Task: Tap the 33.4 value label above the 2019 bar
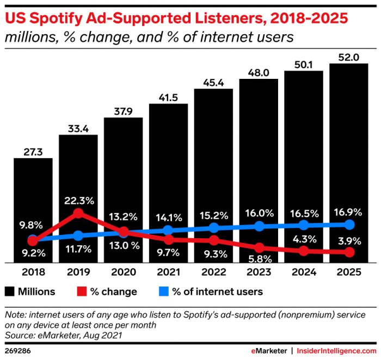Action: coord(78,128)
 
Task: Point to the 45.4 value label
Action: coord(213,82)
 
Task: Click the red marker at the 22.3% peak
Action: coord(78,213)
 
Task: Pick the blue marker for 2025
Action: coord(349,225)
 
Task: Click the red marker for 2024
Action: coord(304,251)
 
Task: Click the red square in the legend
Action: coord(83,291)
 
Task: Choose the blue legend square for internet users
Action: coord(161,291)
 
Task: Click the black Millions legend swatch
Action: coord(9,291)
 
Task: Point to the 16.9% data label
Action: coord(349,208)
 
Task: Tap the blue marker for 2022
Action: coord(213,228)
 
